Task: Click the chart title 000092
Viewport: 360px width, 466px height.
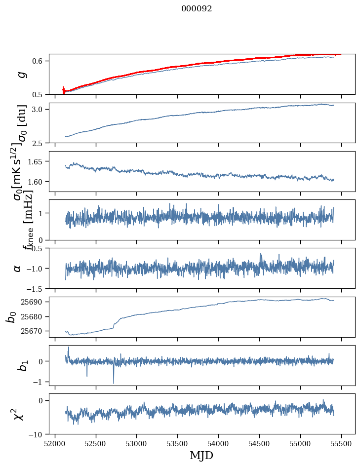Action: point(197,9)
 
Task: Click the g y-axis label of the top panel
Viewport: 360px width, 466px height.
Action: point(21,74)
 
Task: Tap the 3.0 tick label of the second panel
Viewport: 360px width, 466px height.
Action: point(40,109)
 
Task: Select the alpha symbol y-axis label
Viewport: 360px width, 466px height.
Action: point(18,268)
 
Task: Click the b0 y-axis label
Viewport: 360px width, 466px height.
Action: point(11,316)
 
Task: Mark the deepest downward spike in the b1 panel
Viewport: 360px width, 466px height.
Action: point(114,383)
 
